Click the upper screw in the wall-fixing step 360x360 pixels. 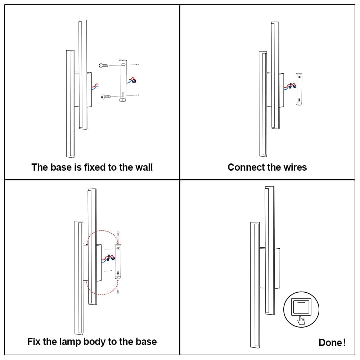[x=103, y=66]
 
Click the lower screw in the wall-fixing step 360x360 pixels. [x=105, y=97]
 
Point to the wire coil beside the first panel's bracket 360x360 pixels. [x=134, y=81]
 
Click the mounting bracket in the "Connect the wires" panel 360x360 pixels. [x=299, y=89]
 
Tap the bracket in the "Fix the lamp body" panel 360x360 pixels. [x=118, y=261]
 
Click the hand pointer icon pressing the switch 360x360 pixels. [x=302, y=319]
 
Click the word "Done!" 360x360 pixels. [x=332, y=342]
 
